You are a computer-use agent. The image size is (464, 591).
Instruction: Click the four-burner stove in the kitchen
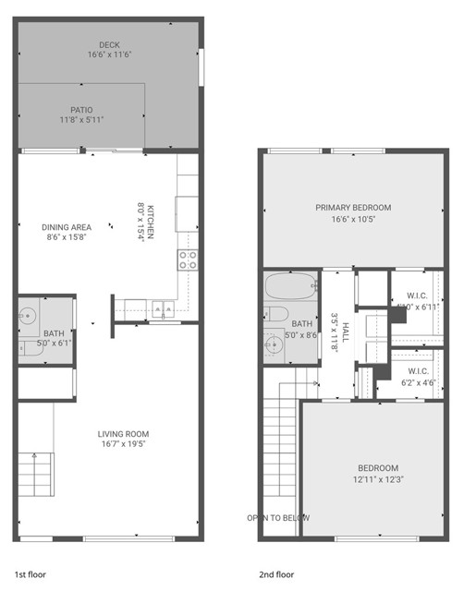pyautogui.click(x=189, y=259)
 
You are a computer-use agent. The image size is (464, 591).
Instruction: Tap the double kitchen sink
pyautogui.click(x=165, y=308)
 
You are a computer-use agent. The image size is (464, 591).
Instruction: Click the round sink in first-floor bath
pyautogui.click(x=27, y=315)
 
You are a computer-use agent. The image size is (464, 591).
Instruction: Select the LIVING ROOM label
pyautogui.click(x=123, y=434)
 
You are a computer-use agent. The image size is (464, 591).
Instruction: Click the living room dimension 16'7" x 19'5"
pyautogui.click(x=123, y=445)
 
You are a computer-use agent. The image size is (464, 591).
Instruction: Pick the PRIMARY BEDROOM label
pyautogui.click(x=353, y=208)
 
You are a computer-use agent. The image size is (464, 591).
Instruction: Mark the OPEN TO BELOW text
pyautogui.click(x=278, y=518)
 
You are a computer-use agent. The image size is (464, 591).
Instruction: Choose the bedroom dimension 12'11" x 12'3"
pyautogui.click(x=379, y=479)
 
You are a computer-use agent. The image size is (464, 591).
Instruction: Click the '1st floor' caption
pyautogui.click(x=31, y=573)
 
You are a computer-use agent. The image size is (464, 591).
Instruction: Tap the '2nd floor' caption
pyautogui.click(x=277, y=573)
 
